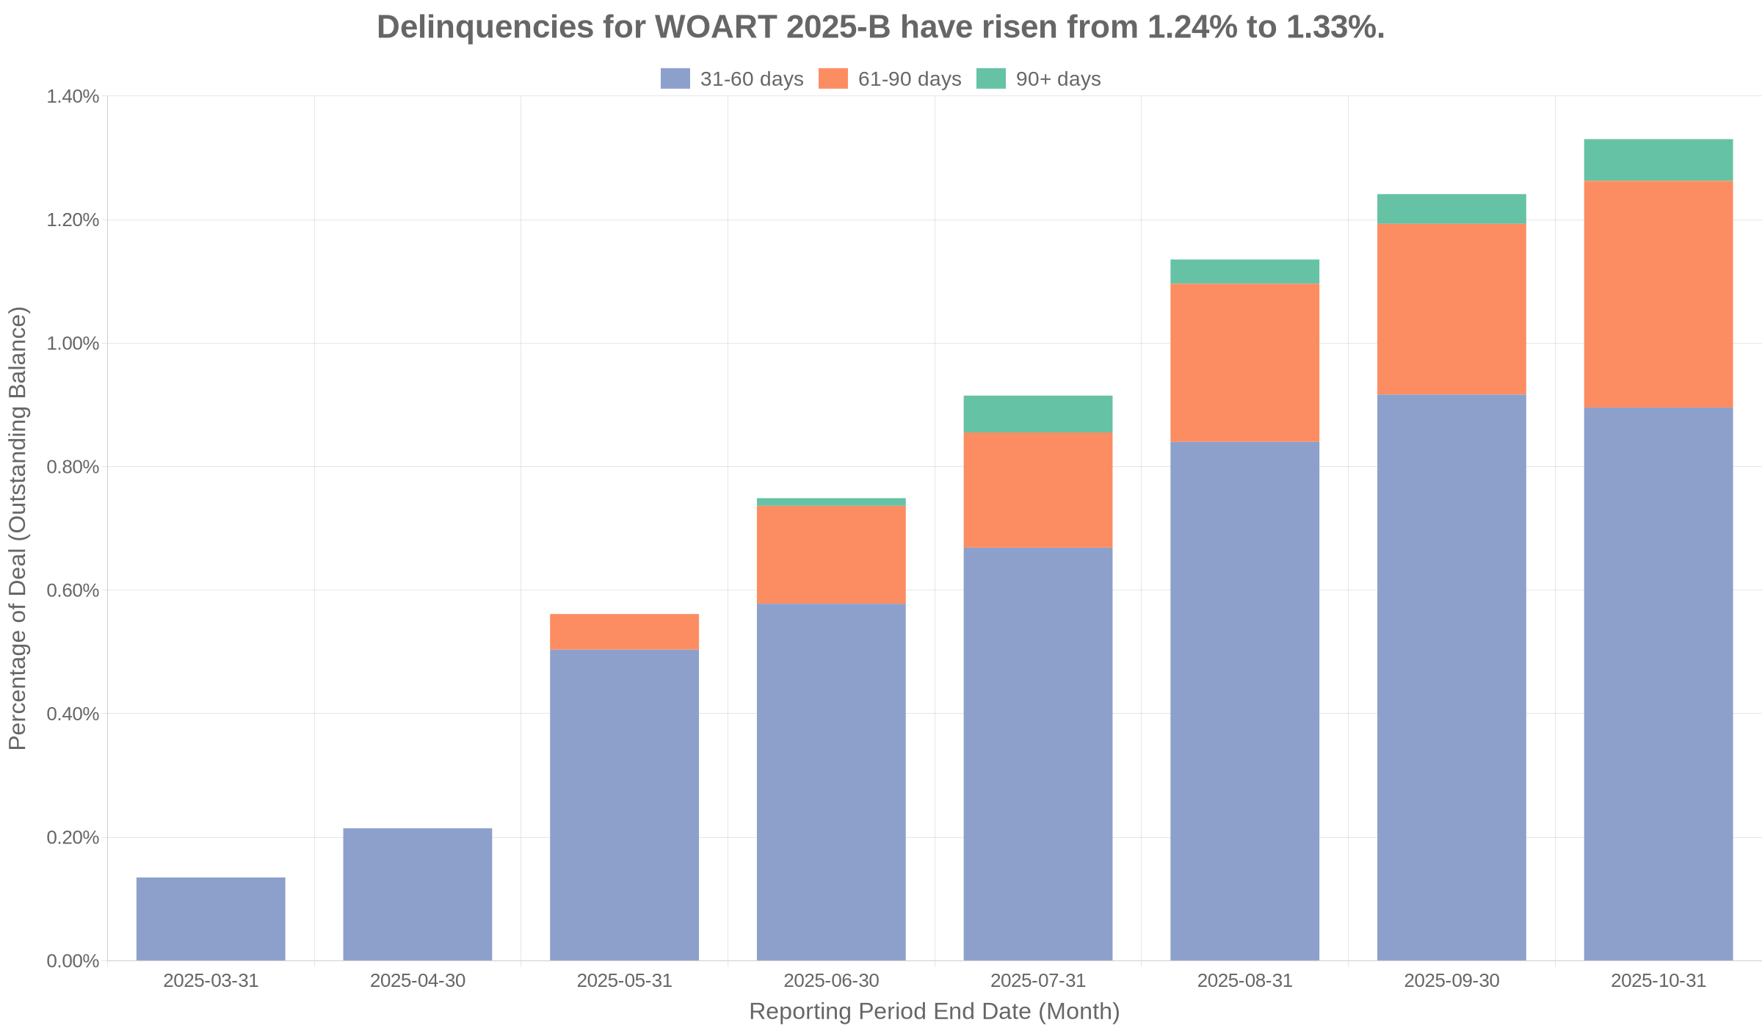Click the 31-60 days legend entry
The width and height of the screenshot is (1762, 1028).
[732, 79]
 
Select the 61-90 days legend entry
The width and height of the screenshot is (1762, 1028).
[890, 79]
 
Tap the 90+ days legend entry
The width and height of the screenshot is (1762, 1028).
[1038, 79]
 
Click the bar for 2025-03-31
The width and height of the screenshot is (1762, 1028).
[211, 919]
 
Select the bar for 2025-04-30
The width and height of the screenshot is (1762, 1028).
[418, 894]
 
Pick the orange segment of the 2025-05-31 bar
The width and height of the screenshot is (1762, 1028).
[624, 631]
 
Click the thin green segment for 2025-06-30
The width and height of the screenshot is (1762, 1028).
[831, 502]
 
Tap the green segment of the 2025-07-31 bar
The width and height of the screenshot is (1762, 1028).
[1038, 414]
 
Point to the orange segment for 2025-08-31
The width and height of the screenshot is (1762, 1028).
[1244, 362]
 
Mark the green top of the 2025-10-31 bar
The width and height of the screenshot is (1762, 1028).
[1658, 160]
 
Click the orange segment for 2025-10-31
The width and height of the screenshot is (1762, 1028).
[1658, 294]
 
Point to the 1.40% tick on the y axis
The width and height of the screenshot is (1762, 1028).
[73, 96]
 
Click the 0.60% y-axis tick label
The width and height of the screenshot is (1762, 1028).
[73, 590]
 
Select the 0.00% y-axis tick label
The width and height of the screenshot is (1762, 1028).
[73, 961]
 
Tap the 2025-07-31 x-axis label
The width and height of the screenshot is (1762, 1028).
[1038, 981]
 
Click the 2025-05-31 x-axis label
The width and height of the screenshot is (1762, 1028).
[624, 981]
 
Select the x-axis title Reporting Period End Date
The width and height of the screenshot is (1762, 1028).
[934, 1012]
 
